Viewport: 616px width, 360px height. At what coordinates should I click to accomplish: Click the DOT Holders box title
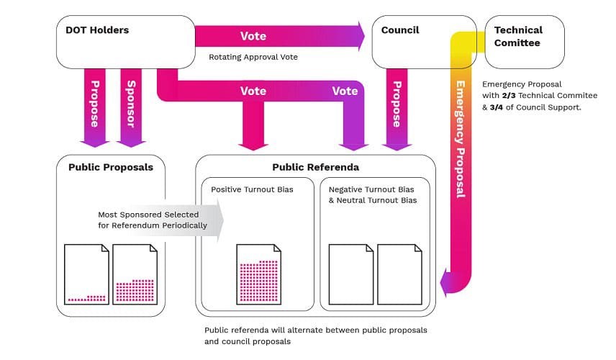coord(97,30)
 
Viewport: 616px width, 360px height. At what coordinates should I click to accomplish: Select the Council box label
coord(400,30)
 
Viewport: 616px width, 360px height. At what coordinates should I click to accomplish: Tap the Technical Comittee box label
coord(518,36)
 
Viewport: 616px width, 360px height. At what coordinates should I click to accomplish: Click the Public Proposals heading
coord(111,167)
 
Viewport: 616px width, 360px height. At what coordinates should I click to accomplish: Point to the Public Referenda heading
coord(315,167)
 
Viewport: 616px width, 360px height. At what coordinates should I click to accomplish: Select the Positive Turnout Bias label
coord(242,189)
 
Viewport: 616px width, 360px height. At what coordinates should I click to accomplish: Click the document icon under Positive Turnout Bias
coord(258,274)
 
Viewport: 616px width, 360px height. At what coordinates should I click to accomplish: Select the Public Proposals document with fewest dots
coord(86,274)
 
